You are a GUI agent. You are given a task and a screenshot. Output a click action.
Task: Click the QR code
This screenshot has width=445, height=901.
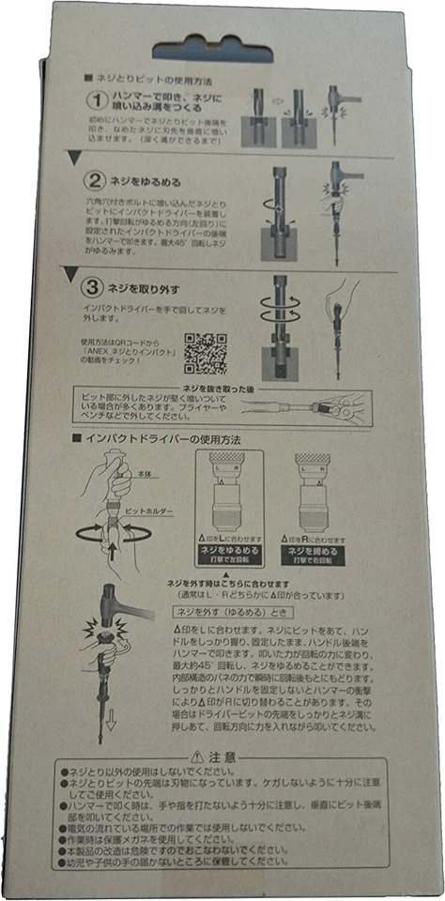pos(204,352)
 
